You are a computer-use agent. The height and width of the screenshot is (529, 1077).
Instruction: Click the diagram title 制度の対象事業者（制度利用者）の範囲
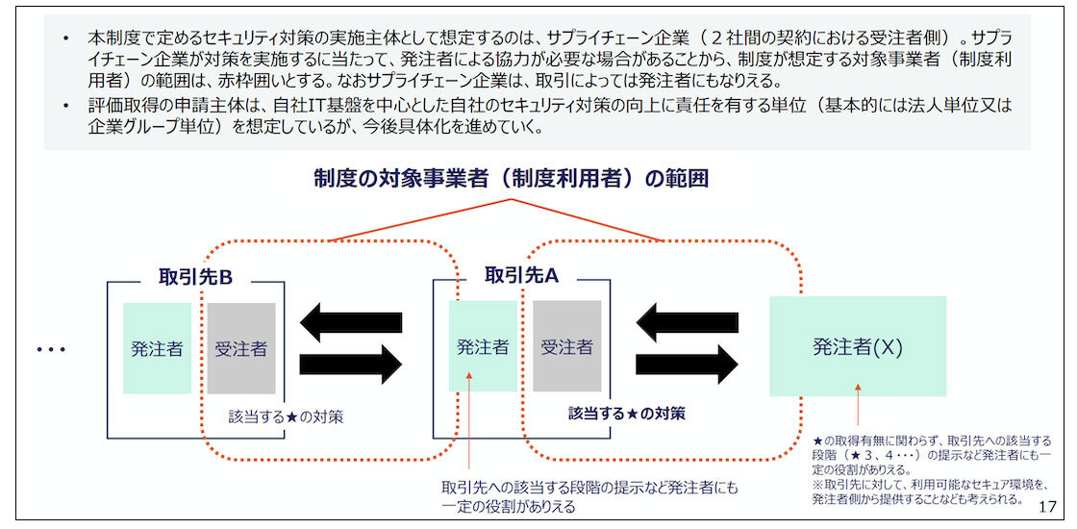[x=511, y=178]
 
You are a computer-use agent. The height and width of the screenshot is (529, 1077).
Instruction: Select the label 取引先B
[x=196, y=277]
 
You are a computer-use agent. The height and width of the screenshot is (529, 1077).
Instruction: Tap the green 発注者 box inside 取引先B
[x=157, y=348]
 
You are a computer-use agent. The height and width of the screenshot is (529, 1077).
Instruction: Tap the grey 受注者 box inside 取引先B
[x=240, y=348]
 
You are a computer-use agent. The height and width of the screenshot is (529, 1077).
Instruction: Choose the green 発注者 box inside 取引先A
[x=483, y=346]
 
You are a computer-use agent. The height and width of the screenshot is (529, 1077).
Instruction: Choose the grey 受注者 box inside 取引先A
[x=566, y=346]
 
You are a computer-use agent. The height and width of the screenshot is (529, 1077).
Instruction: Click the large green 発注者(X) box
[x=857, y=346]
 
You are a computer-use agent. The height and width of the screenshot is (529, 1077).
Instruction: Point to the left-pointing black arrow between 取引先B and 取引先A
[x=351, y=322]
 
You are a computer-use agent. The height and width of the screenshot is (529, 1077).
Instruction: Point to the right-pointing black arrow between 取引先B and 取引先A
[x=351, y=365]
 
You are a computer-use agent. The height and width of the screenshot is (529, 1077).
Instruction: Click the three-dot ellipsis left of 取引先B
[x=51, y=349]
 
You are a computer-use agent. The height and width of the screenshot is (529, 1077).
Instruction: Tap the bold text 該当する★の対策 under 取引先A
[x=626, y=414]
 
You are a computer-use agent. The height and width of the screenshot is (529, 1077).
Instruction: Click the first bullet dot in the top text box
[x=65, y=38]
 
